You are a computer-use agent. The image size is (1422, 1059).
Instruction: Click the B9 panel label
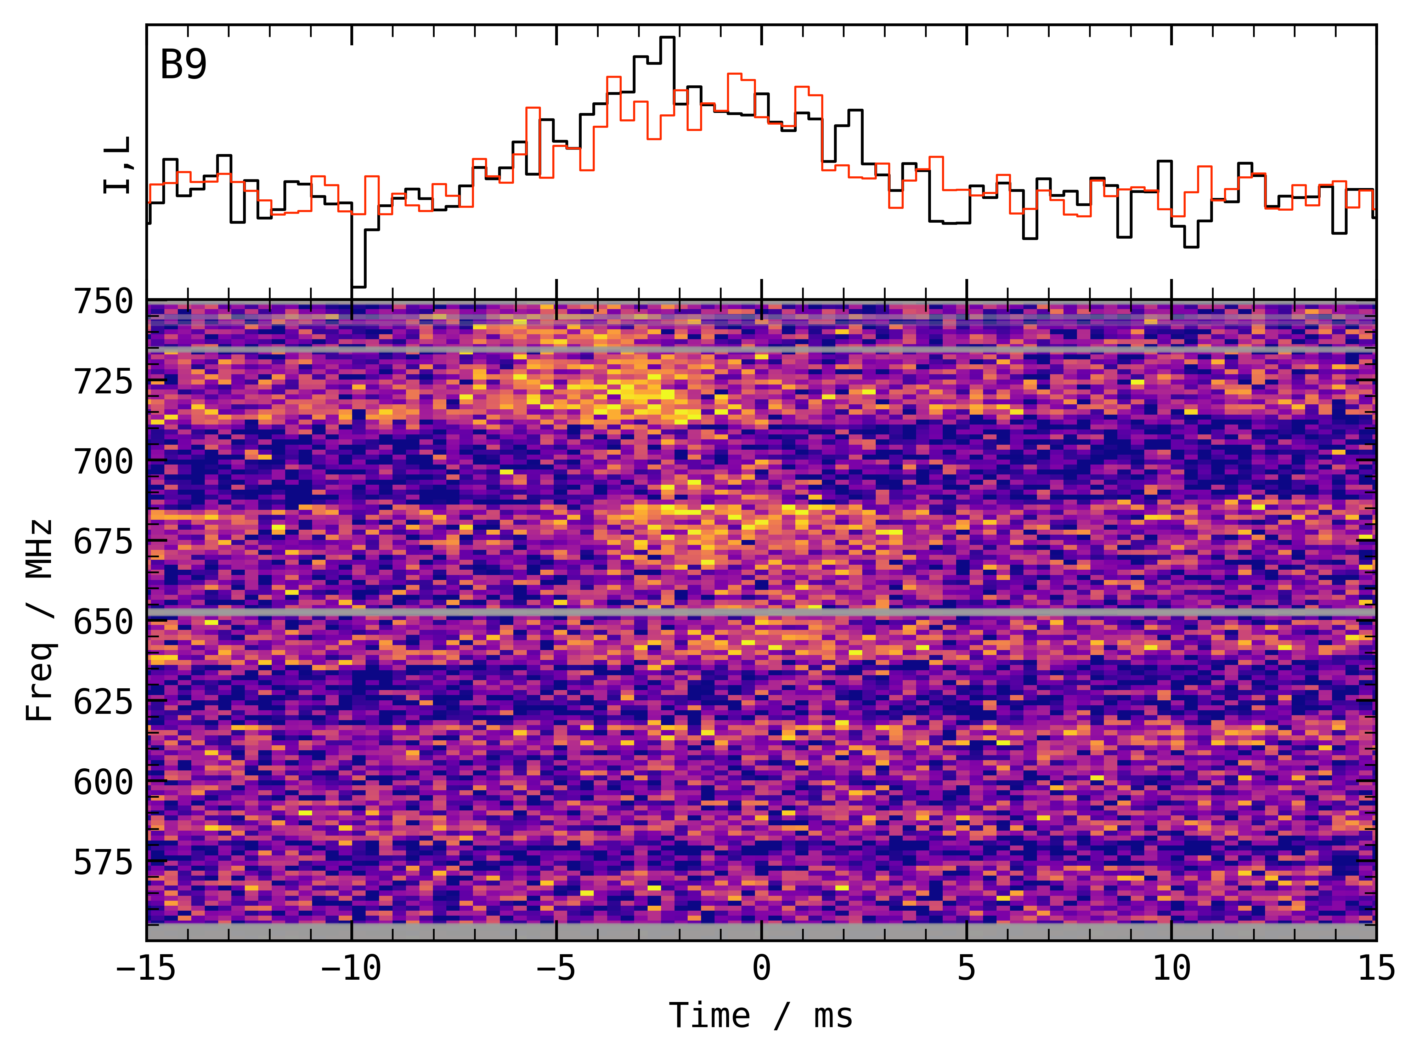coord(184,65)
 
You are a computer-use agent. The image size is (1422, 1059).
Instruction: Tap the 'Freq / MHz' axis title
coord(40,621)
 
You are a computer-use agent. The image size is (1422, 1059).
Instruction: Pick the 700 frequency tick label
coord(103,462)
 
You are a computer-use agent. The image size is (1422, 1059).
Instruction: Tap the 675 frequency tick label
coord(103,542)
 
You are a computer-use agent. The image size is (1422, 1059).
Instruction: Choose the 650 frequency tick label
coord(103,622)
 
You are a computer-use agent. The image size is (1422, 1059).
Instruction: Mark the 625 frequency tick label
coord(103,702)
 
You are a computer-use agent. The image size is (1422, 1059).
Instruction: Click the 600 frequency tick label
coord(103,782)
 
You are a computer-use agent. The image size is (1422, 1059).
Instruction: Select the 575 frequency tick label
coord(103,862)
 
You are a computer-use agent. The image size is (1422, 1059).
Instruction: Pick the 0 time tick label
coord(761,968)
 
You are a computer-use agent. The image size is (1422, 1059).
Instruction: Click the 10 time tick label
coord(1171,968)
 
